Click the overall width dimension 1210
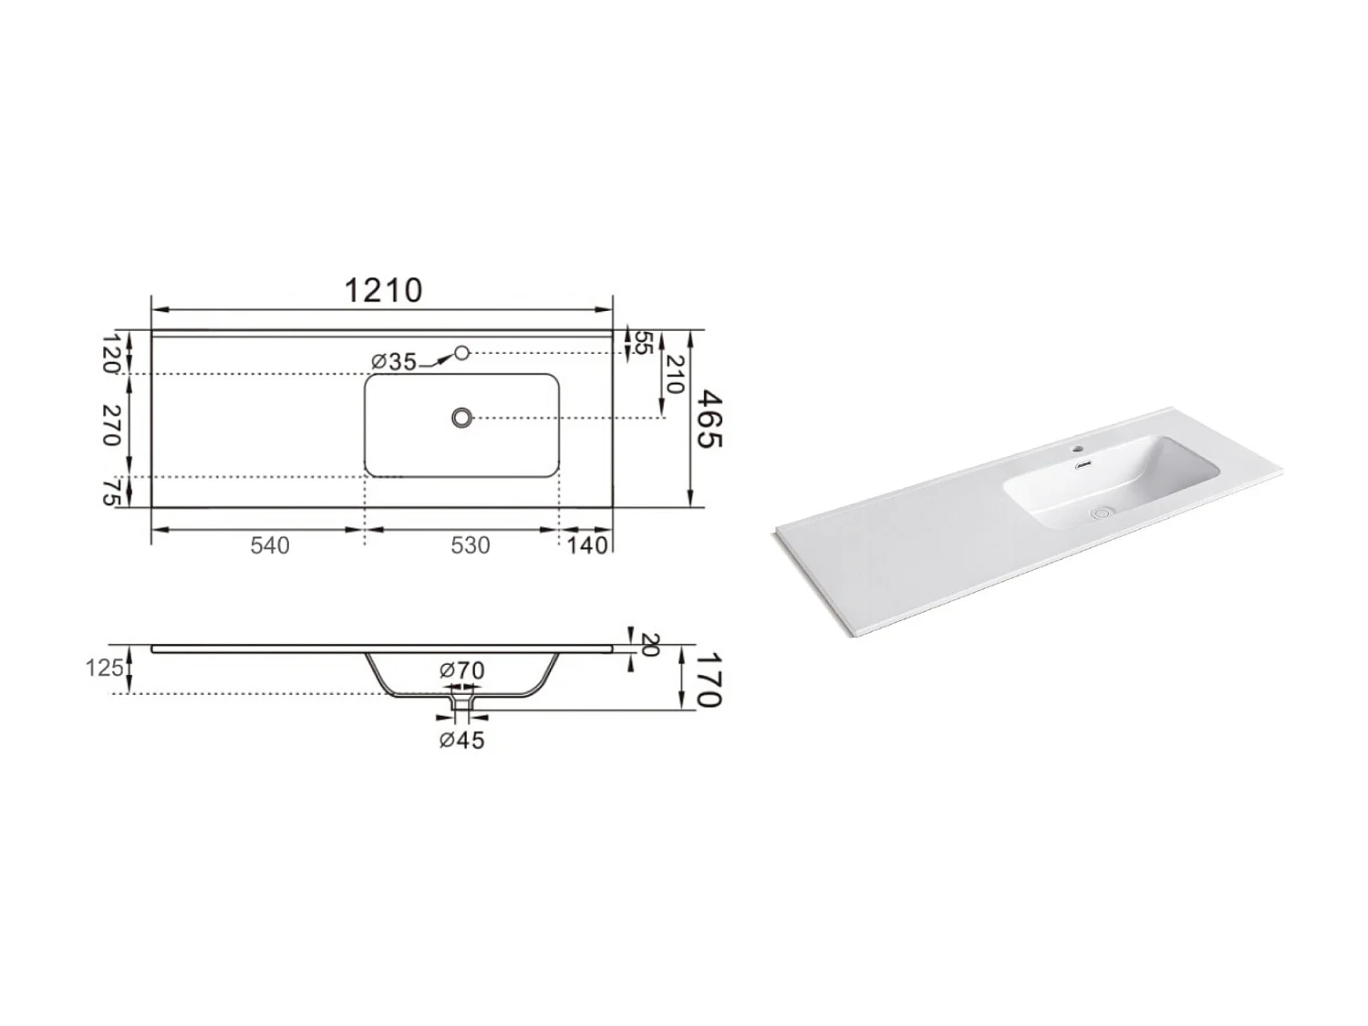383,290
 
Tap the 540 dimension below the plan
270,545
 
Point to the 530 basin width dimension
470,545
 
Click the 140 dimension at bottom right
586,545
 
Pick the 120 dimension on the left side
111,354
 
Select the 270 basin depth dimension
111,425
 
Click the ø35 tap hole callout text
394,362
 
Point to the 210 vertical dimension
673,374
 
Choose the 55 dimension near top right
642,343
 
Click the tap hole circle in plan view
461,352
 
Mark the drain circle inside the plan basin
462,418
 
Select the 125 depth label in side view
104,668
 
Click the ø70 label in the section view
461,670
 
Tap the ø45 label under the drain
461,740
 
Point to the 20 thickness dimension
648,645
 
